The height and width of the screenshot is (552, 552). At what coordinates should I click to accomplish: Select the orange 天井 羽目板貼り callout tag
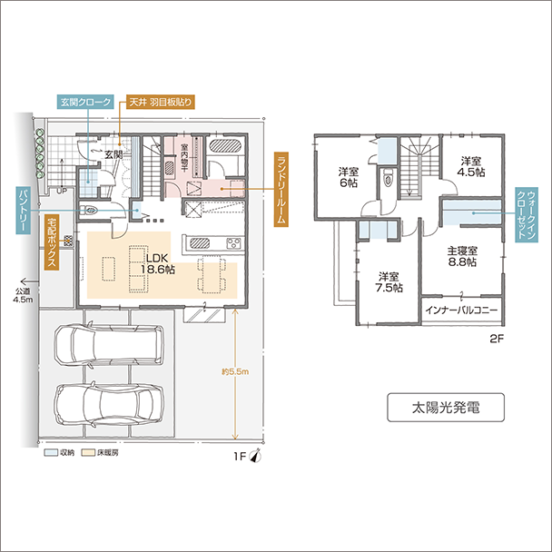(160, 103)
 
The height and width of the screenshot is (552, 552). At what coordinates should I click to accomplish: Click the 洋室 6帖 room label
(349, 176)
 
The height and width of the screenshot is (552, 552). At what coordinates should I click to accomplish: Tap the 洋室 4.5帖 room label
(469, 164)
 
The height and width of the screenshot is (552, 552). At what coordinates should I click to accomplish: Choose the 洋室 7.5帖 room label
(390, 281)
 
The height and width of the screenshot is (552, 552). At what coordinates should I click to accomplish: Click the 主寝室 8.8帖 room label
(462, 256)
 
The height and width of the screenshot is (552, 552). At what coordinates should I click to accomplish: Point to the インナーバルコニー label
(461, 310)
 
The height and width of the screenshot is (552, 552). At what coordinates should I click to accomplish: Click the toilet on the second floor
(389, 179)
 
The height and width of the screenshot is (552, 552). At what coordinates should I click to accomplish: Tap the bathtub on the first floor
(225, 147)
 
